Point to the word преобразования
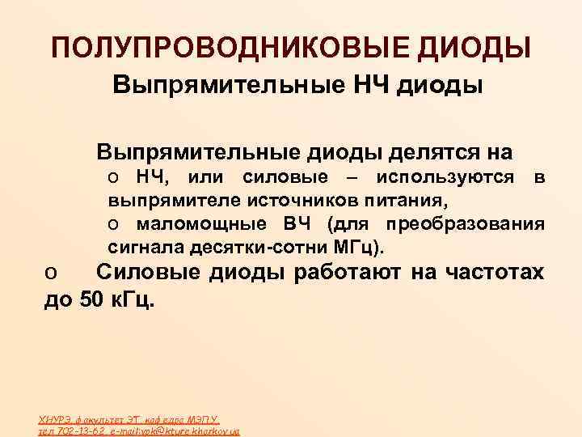(466, 223)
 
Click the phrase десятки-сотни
(265, 244)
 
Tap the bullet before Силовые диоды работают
(49, 275)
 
